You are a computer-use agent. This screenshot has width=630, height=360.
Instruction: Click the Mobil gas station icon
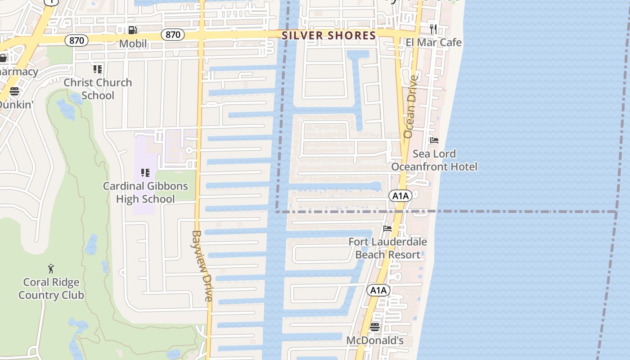[x=132, y=30]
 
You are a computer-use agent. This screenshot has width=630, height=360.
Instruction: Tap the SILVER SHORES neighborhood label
[x=329, y=36]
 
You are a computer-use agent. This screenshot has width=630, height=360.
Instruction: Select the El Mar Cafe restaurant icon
[x=433, y=29]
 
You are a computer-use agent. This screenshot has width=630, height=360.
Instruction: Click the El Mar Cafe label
[x=433, y=42]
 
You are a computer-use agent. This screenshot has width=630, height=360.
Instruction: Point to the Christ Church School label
[x=98, y=89]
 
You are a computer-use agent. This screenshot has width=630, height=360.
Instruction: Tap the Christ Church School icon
[x=98, y=69]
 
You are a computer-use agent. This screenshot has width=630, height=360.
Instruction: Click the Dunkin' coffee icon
[x=14, y=92]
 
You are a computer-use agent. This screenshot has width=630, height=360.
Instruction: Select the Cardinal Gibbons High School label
[x=145, y=192]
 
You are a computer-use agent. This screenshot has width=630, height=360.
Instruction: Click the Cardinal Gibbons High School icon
[x=145, y=173]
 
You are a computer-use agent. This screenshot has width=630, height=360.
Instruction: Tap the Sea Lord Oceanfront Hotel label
[x=434, y=160]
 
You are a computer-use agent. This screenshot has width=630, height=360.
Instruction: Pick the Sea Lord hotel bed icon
[x=434, y=140]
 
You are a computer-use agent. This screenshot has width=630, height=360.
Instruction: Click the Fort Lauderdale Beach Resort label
[x=388, y=248]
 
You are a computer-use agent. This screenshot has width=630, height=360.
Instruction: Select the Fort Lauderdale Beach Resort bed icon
[x=387, y=229]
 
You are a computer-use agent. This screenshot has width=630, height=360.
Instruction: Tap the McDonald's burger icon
[x=375, y=327]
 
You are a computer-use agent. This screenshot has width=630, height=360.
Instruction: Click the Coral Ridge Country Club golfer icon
[x=51, y=269]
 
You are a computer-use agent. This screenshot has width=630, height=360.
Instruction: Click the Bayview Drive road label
[x=202, y=265]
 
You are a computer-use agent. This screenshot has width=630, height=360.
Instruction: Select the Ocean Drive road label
[x=410, y=107]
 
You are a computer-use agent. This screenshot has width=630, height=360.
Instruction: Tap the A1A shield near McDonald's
[x=378, y=290]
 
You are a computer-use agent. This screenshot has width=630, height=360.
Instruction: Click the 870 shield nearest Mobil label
[x=173, y=35]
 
